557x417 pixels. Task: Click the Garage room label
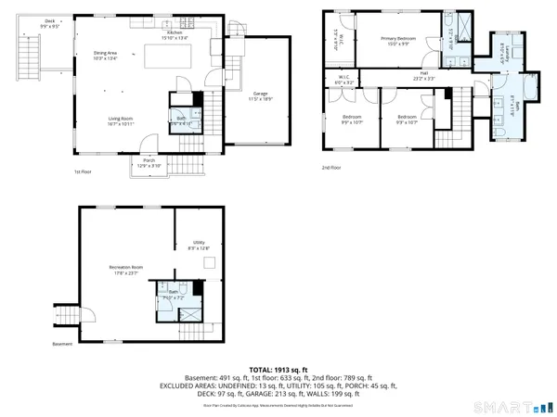coord(260,95)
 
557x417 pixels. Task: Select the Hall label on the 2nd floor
coord(423,74)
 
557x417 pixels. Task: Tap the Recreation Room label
coord(124,270)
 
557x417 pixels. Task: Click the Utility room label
coord(199,244)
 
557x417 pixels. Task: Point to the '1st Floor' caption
coord(83,172)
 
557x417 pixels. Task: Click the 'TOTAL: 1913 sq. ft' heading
coord(278,367)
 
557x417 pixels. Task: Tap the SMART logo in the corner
coord(502,405)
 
